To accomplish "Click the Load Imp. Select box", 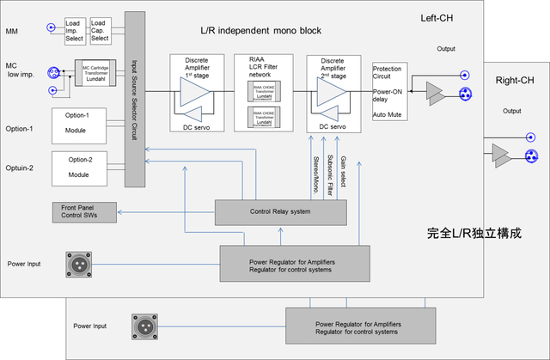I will point(75,31).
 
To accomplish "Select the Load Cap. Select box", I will point(100,31).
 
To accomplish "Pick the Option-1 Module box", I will point(84,126).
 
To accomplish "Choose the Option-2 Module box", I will point(84,168).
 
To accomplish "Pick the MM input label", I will point(13,32).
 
